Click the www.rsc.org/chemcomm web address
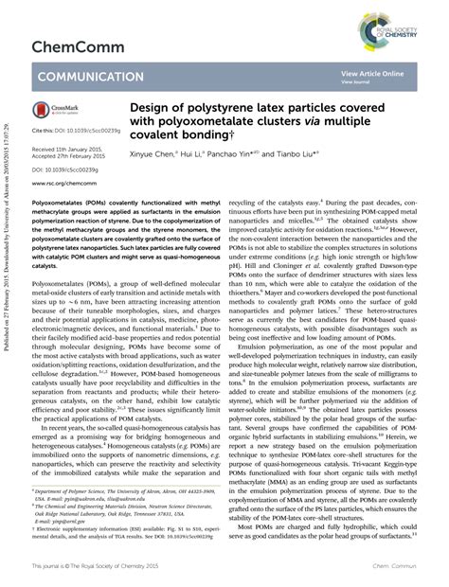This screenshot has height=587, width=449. point(64,185)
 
